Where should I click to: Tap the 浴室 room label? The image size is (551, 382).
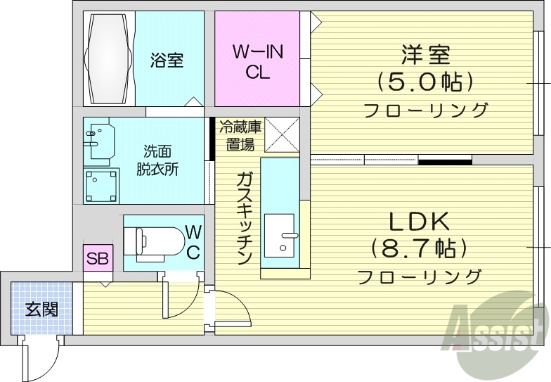tap(167, 60)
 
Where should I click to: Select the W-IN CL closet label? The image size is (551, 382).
tap(257, 61)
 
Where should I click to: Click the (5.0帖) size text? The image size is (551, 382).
tap(424, 83)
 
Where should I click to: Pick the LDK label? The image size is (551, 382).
tap(419, 222)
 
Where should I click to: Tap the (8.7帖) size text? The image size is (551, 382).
tap(420, 248)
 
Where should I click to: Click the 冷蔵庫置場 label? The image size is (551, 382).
tap(240, 136)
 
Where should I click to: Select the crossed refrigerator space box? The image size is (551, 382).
tap(281, 134)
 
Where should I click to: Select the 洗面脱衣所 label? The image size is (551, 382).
tap(157, 160)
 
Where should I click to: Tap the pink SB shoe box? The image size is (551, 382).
tap(97, 259)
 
